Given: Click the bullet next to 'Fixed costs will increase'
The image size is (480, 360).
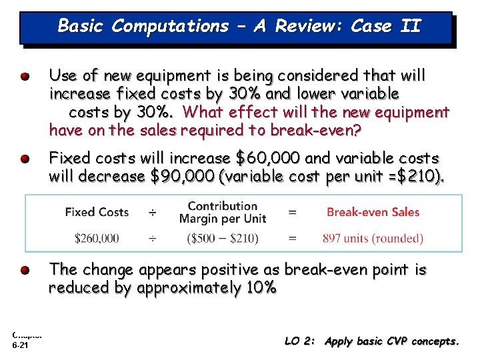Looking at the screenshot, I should pos(25,159).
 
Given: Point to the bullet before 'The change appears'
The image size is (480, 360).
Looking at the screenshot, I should pos(25,271).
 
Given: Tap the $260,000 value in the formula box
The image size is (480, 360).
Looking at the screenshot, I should pos(97,238).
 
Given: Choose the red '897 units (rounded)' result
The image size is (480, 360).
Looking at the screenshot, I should pos(373,238).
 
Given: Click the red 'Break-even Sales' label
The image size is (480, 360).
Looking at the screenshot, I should pos(373,212).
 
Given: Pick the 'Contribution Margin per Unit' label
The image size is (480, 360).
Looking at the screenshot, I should pos(222,212).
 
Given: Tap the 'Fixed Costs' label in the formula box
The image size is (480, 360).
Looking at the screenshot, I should pos(97,212).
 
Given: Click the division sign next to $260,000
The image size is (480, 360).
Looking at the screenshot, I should pos(153,238).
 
